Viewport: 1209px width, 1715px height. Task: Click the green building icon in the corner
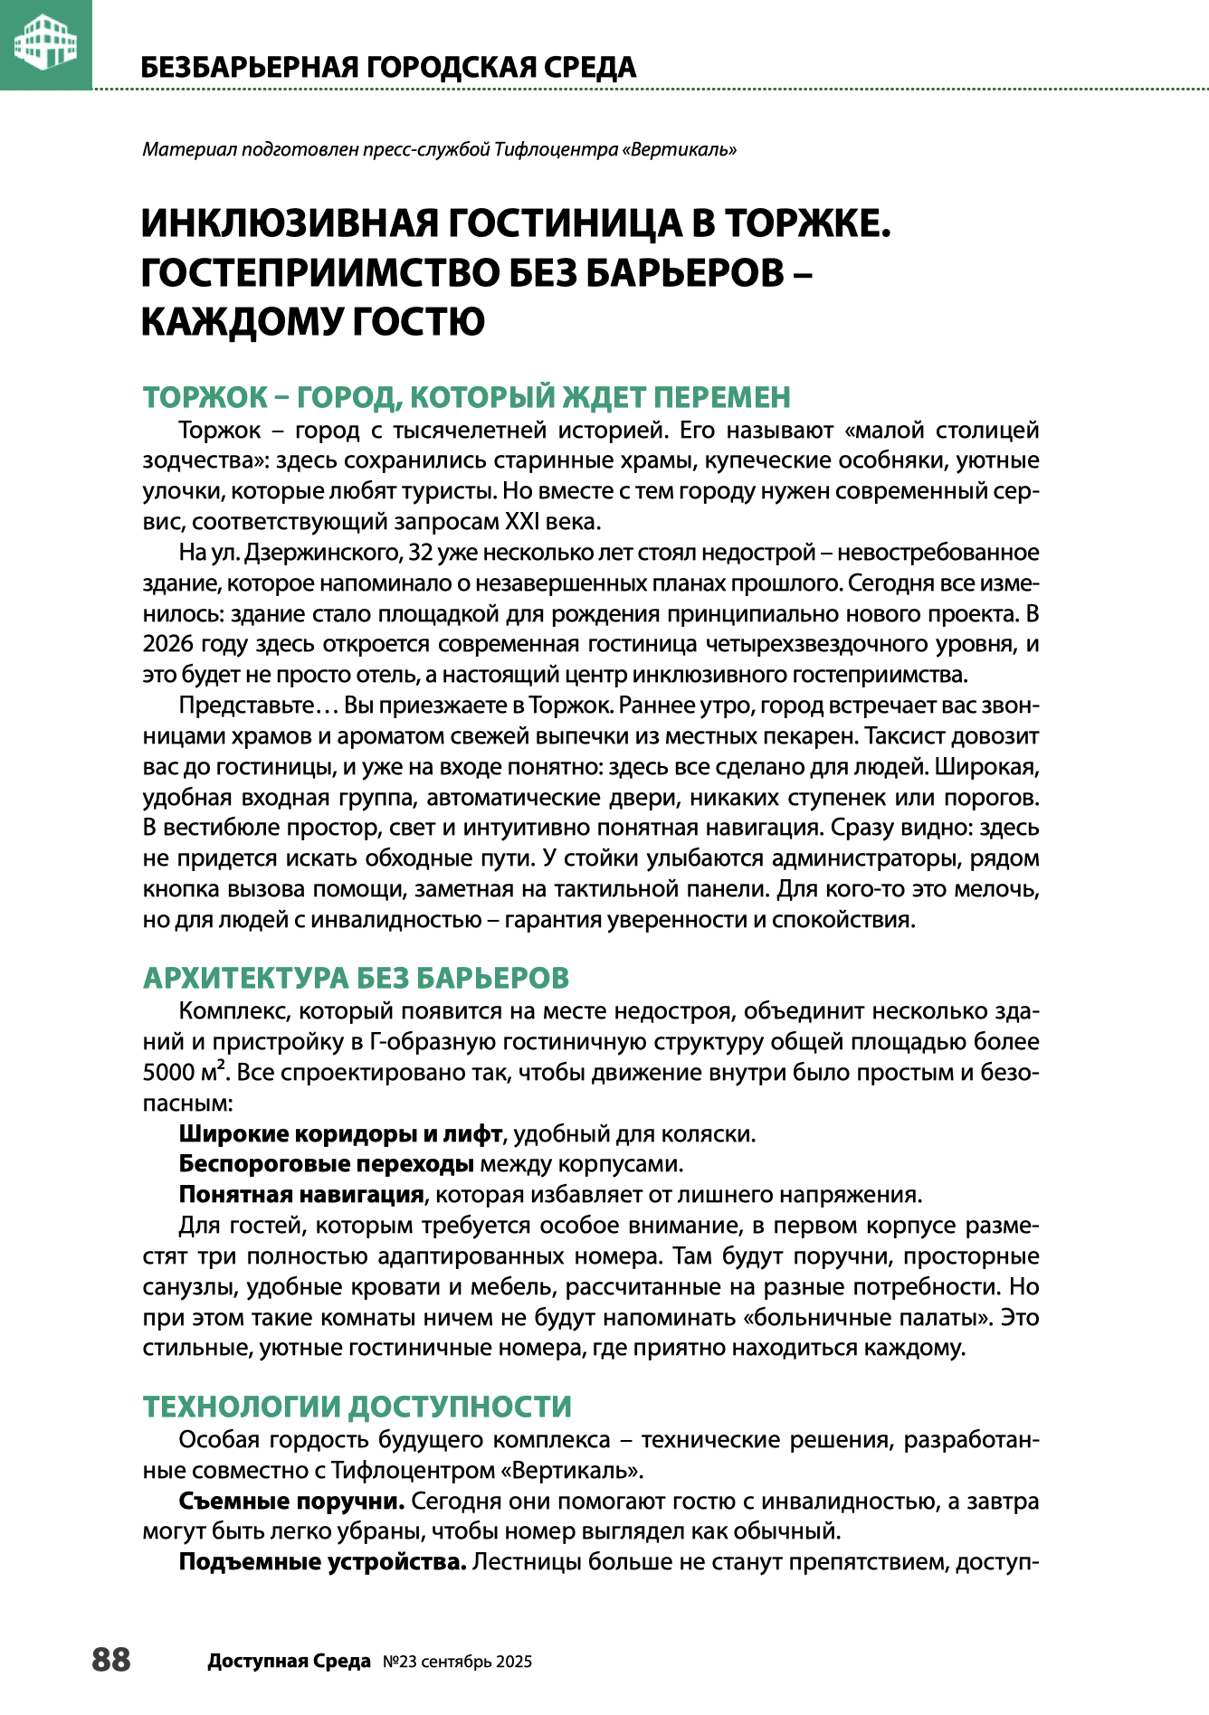[x=45, y=43]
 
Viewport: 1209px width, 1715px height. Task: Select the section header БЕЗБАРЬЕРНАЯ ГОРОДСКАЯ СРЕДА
[x=389, y=67]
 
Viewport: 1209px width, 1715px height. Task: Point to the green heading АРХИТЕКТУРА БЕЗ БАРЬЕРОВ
[x=356, y=978]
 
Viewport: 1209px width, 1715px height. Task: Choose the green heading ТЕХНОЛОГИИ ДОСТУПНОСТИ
[x=357, y=1407]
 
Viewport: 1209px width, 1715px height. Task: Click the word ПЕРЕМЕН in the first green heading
[x=722, y=397]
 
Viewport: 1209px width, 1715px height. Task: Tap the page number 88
[x=111, y=1660]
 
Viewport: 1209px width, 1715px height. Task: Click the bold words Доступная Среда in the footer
[x=289, y=1662]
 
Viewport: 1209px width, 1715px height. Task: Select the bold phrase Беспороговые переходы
[x=326, y=1164]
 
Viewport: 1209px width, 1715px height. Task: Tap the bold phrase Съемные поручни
[x=291, y=1502]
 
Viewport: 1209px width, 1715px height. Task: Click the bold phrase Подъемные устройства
[x=322, y=1562]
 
